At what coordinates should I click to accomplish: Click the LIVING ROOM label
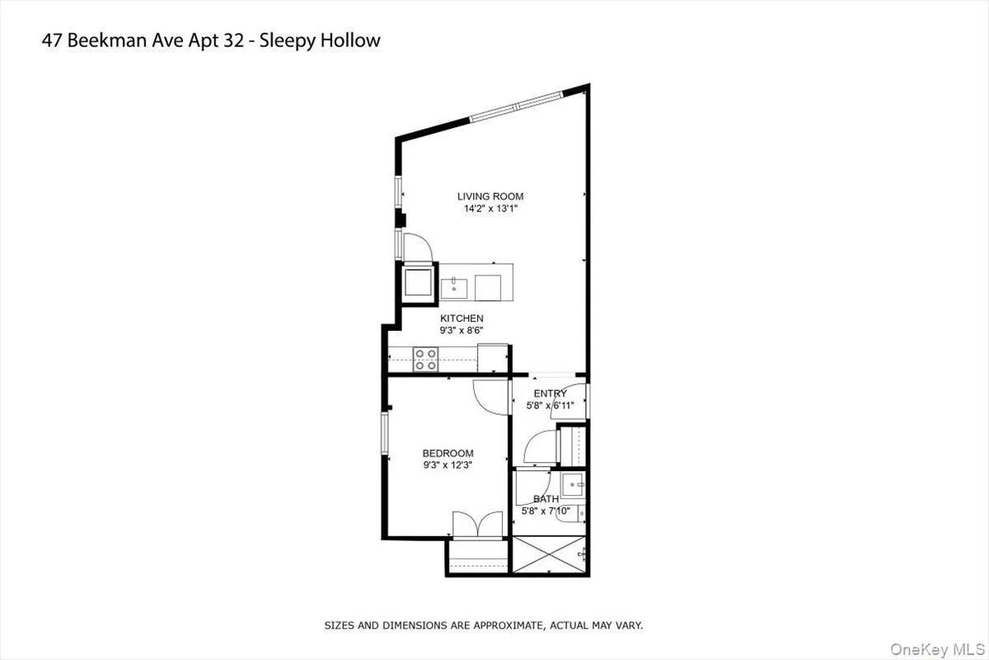[x=490, y=196]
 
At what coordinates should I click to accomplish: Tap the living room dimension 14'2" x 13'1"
[x=490, y=209]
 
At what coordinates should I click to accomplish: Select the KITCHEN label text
[x=462, y=318]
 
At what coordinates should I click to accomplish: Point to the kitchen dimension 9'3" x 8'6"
[x=462, y=331]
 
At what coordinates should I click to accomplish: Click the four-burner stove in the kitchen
[x=425, y=359]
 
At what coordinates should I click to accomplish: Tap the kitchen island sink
[x=454, y=287]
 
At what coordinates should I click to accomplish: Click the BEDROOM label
[x=448, y=453]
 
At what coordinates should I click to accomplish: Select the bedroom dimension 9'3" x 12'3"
[x=448, y=465]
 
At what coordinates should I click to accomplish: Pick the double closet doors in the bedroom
[x=477, y=526]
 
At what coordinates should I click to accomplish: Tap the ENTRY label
[x=550, y=394]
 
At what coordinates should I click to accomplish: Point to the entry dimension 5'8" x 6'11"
[x=550, y=406]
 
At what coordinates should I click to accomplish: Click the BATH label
[x=546, y=499]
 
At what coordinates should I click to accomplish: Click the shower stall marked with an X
[x=550, y=557]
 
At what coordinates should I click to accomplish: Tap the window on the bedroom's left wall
[x=384, y=432]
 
